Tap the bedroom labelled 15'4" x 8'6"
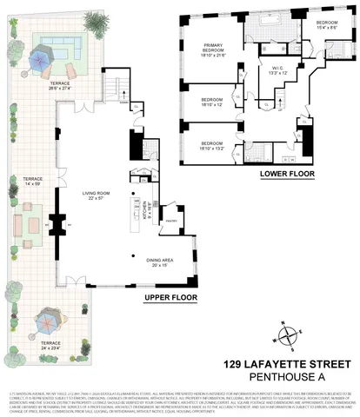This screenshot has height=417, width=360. (327, 24)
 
